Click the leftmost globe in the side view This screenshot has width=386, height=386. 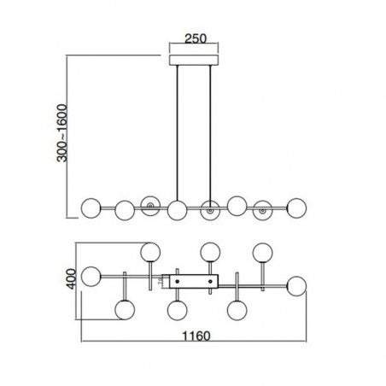pyautogui.click(x=89, y=207)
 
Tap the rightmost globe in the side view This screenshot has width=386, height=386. pyautogui.click(x=297, y=207)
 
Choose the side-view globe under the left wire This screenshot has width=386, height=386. pyautogui.click(x=177, y=208)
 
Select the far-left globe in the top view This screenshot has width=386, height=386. pyautogui.click(x=91, y=279)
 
